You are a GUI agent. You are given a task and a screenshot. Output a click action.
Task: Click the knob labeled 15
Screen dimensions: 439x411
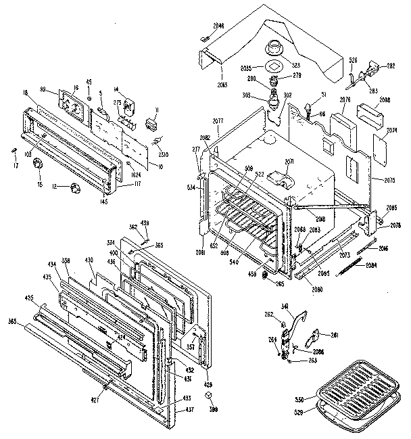point(39,164)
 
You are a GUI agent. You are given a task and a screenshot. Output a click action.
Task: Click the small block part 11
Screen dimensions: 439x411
point(151,125)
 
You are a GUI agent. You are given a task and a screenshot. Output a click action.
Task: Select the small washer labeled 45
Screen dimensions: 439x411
point(89,100)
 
